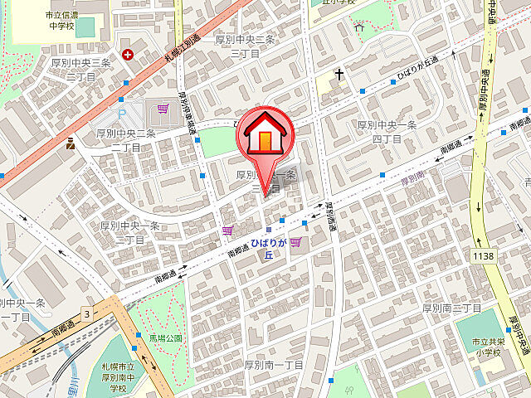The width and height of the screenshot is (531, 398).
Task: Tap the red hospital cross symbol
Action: pos(128,55)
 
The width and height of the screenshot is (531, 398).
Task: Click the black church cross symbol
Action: pos(339,75)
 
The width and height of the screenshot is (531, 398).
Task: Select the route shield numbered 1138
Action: pos(484,256)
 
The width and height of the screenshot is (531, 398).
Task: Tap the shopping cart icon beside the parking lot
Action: pos(163,108)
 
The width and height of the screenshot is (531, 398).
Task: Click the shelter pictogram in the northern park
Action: pos(359,27)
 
